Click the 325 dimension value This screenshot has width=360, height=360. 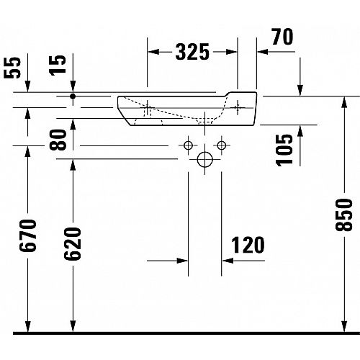click(x=192, y=52)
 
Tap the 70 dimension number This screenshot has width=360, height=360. click(x=282, y=37)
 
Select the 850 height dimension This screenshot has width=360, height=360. click(x=344, y=215)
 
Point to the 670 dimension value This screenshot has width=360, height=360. click(x=28, y=235)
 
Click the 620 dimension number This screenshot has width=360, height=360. click(x=73, y=243)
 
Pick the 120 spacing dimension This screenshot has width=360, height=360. click(x=248, y=245)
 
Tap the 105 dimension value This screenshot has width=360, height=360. click(x=284, y=150)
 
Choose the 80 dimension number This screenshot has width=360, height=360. click(x=58, y=140)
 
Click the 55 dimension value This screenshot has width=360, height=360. click(x=12, y=68)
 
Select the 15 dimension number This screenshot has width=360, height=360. click(x=58, y=66)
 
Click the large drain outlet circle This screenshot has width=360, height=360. click(x=205, y=159)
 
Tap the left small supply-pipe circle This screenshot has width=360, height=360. click(x=188, y=145)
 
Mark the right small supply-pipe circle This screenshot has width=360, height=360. click(x=222, y=145)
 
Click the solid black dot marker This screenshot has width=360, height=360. click(x=73, y=96)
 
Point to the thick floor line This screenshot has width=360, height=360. click(x=186, y=333)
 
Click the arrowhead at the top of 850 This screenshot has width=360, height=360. click(x=344, y=102)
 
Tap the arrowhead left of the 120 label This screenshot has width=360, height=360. click(x=228, y=261)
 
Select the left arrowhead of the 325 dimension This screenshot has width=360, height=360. click(x=153, y=52)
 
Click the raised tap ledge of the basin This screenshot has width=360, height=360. click(x=242, y=94)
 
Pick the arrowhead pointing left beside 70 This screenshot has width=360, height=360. click(x=262, y=52)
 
